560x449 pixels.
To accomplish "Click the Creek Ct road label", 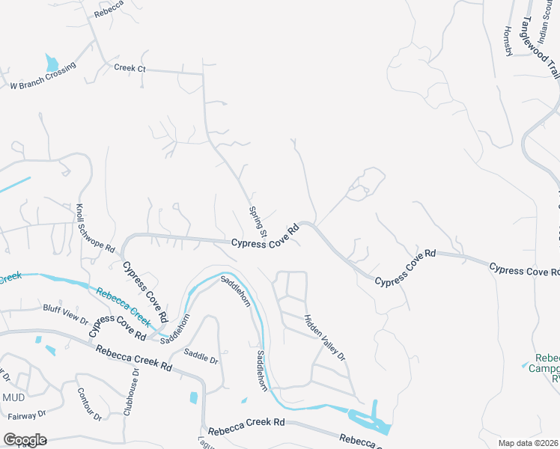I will (130, 68).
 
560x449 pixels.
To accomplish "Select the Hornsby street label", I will (508, 40).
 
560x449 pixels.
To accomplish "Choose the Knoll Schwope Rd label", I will (95, 227).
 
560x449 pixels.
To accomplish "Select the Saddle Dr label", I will (201, 358).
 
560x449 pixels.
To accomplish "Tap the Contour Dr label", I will (89, 404).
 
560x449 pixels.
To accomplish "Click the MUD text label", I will (13, 397).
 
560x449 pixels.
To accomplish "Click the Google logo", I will (24, 439).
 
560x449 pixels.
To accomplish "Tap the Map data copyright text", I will (529, 442).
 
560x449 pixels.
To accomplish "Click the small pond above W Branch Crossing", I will (51, 62).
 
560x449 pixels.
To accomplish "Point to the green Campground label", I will (544, 367).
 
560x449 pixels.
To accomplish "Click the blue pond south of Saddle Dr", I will (194, 397).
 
